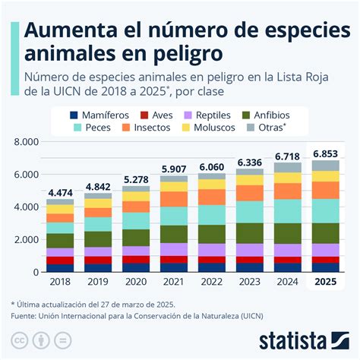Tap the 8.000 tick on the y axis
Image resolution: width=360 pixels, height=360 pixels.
(x=25, y=142)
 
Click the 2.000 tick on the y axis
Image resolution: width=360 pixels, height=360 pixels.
(x=25, y=239)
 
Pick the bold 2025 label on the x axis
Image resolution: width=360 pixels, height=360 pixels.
(x=326, y=281)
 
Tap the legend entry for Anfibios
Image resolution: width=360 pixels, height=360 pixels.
(x=281, y=114)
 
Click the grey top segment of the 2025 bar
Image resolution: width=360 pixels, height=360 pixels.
(x=326, y=166)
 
